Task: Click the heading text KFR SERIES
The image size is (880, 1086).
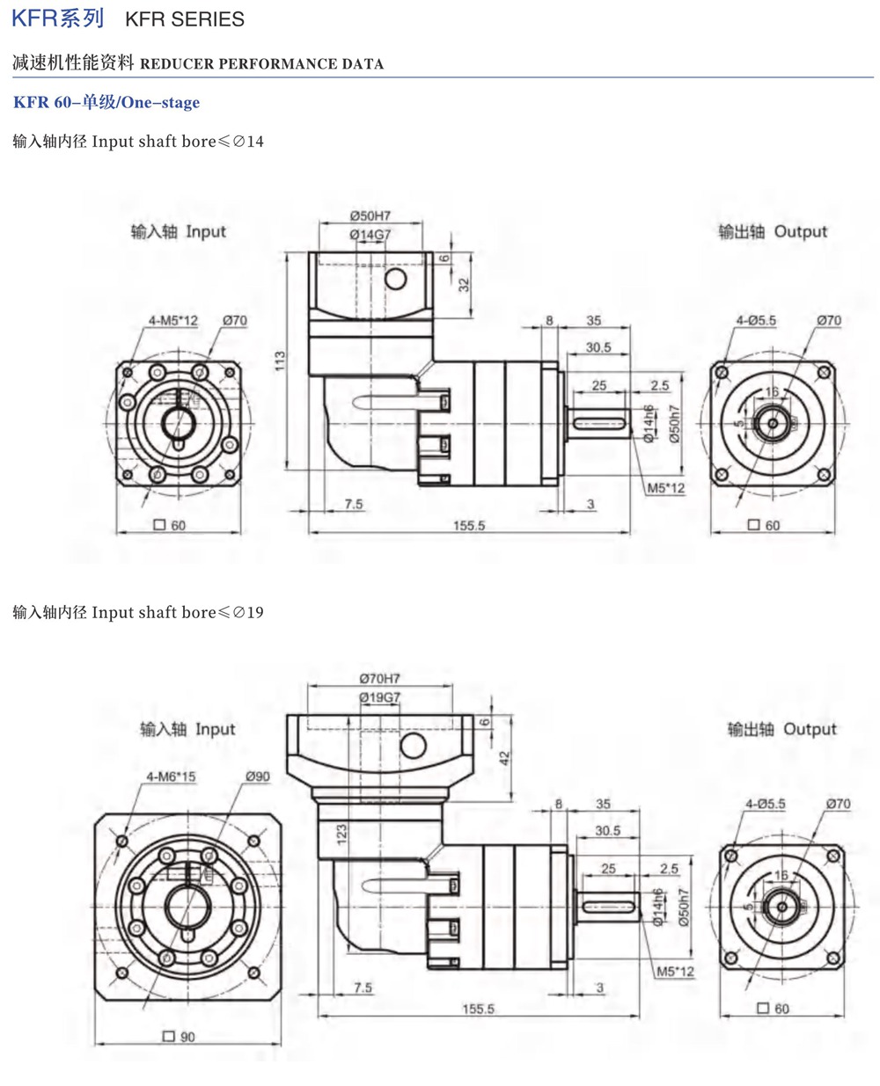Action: [185, 19]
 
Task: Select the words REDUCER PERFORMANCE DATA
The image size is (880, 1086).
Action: [261, 64]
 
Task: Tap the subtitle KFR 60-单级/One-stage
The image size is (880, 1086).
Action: [106, 103]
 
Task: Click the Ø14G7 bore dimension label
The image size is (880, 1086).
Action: [370, 235]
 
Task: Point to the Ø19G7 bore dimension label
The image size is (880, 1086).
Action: [379, 697]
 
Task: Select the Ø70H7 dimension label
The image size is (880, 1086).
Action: [379, 678]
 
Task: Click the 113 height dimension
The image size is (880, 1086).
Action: [280, 361]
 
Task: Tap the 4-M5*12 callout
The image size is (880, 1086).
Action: [173, 321]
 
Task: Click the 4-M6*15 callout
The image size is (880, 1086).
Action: [171, 776]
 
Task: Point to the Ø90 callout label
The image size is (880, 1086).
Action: [258, 776]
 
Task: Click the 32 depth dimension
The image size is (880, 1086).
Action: [464, 285]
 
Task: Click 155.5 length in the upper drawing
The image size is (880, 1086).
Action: [469, 526]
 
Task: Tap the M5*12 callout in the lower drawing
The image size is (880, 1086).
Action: [675, 972]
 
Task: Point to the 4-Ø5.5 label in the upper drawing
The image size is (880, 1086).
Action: [756, 321]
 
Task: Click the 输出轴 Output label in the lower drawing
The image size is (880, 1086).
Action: [781, 729]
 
